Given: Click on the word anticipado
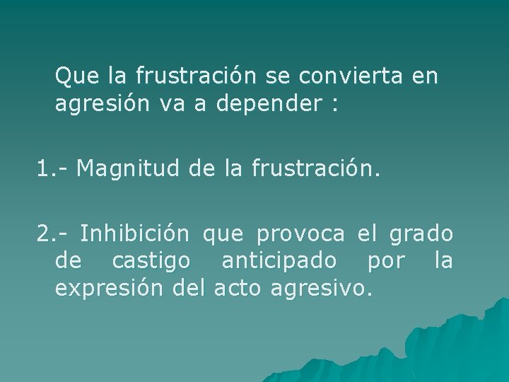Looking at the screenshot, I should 279,262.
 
